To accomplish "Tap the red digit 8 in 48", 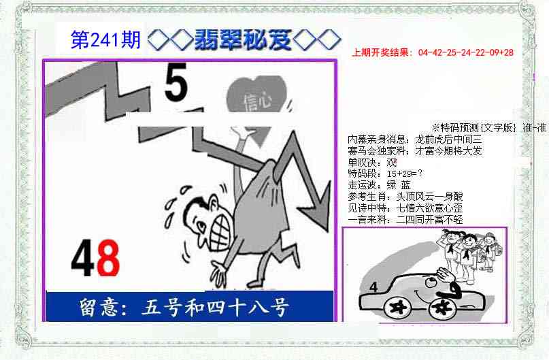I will pyautogui.click(x=107, y=260).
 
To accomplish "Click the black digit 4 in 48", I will pyautogui.click(x=83, y=260).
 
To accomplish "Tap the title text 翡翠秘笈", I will pyautogui.click(x=243, y=40).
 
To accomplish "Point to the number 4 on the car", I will pyautogui.click(x=373, y=288).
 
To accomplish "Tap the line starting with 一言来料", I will pyautogui.click(x=405, y=219).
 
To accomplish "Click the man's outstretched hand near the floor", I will pyautogui.click(x=220, y=274).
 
